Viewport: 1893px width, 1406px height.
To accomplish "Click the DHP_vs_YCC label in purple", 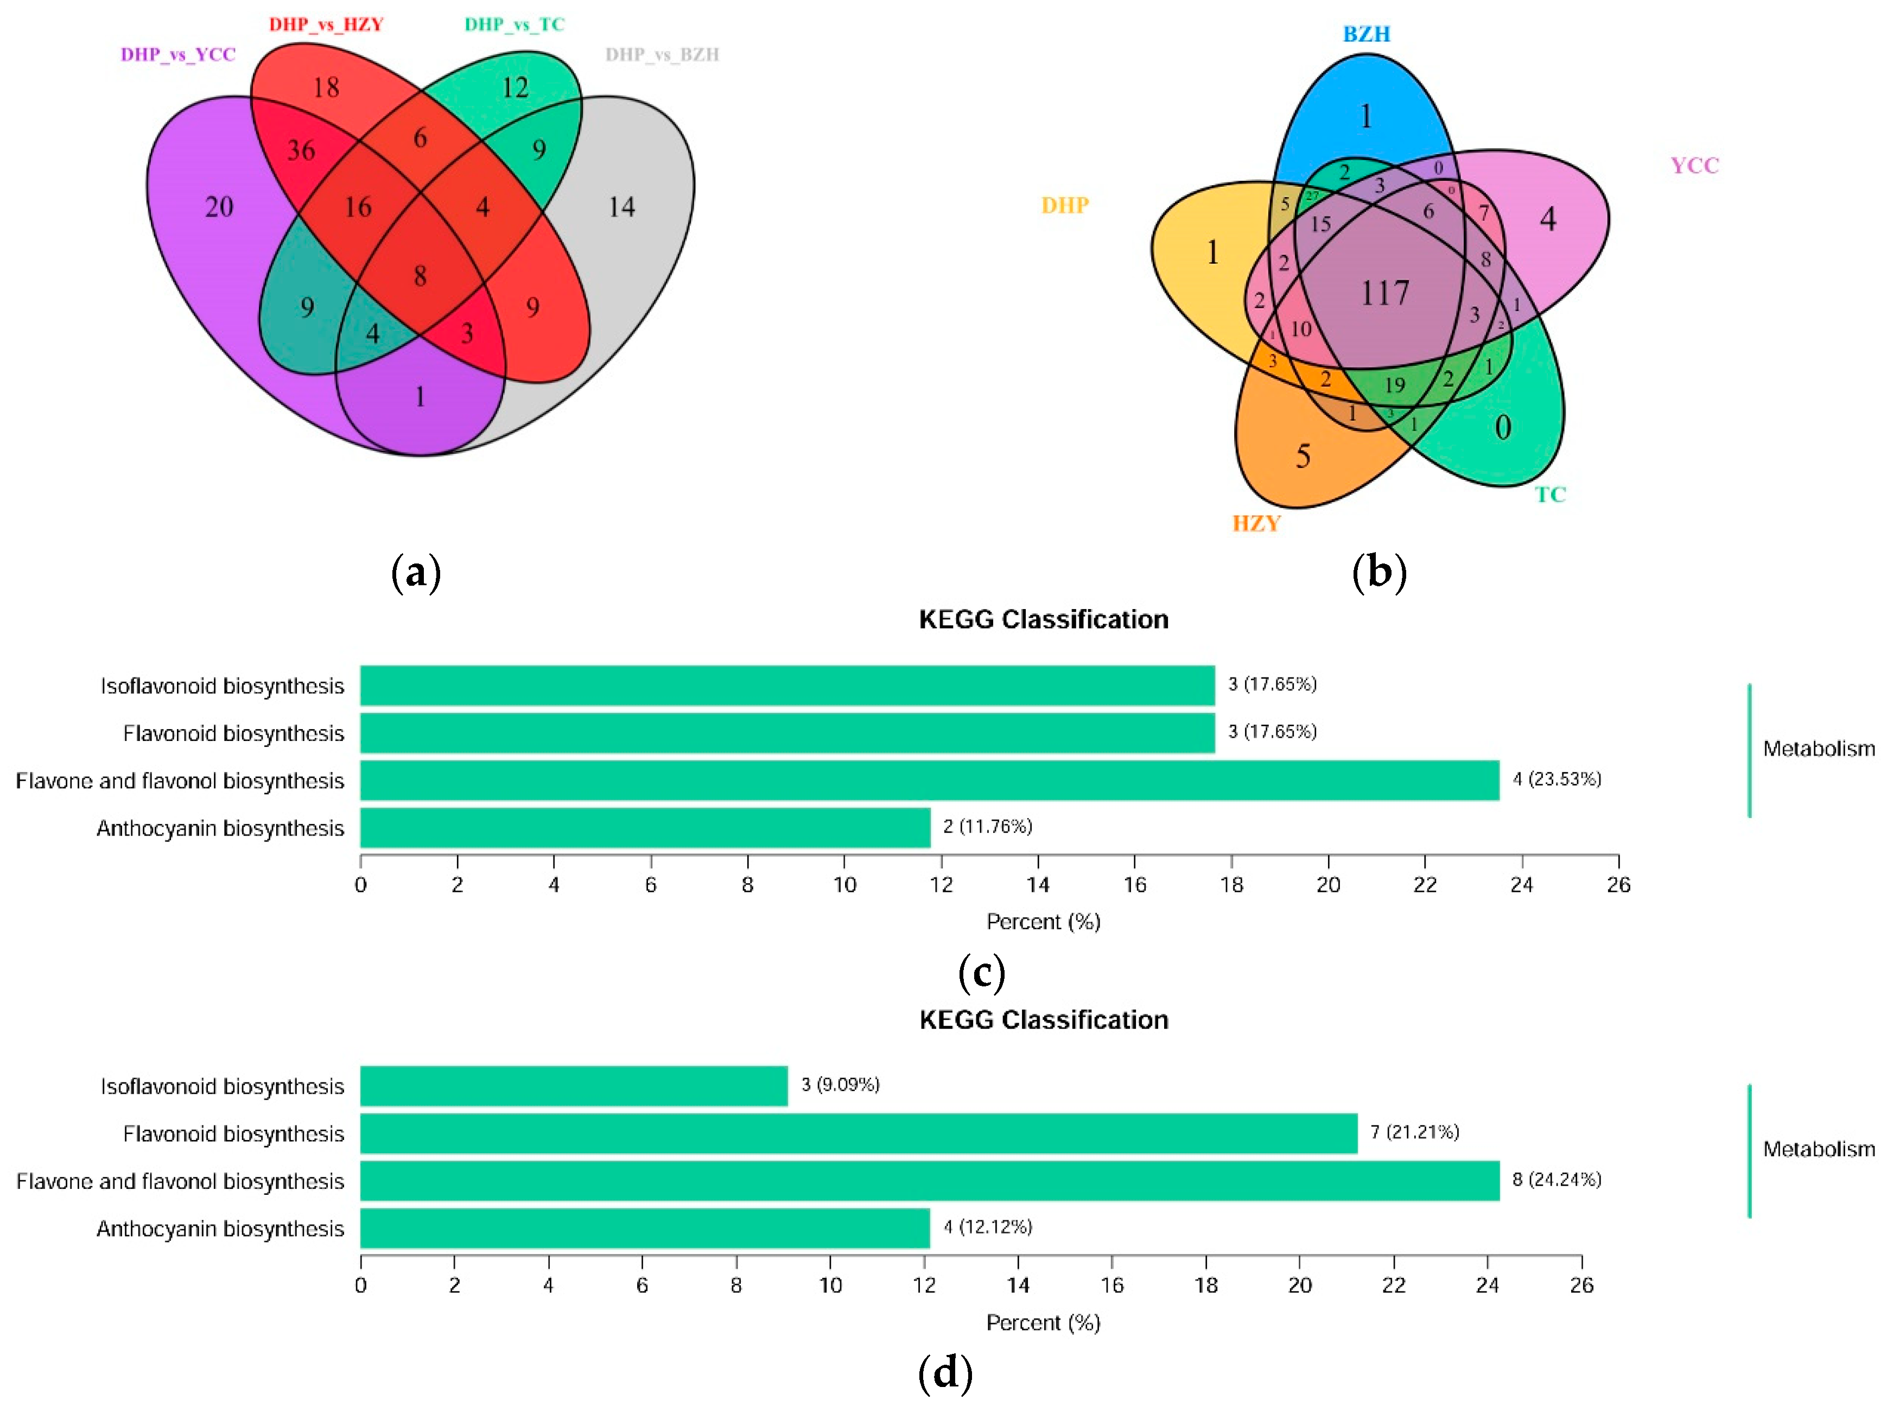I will point(178,54).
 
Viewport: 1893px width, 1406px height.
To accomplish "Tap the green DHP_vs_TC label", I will point(514,24).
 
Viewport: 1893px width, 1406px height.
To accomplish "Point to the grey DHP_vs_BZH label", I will point(662,54).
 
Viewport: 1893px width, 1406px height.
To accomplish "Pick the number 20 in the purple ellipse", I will point(219,207).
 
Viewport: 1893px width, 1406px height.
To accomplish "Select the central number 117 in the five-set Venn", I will point(1385,294).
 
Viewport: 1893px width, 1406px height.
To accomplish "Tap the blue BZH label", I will point(1367,34).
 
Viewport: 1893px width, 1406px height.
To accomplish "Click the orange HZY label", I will point(1256,523).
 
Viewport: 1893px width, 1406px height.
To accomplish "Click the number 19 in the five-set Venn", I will point(1394,385).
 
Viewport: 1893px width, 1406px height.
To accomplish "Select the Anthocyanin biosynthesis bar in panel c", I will point(645,828).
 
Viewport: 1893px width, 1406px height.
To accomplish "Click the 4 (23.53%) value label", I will point(1557,780).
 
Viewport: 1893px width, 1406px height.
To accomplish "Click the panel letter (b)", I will point(1379,573).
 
